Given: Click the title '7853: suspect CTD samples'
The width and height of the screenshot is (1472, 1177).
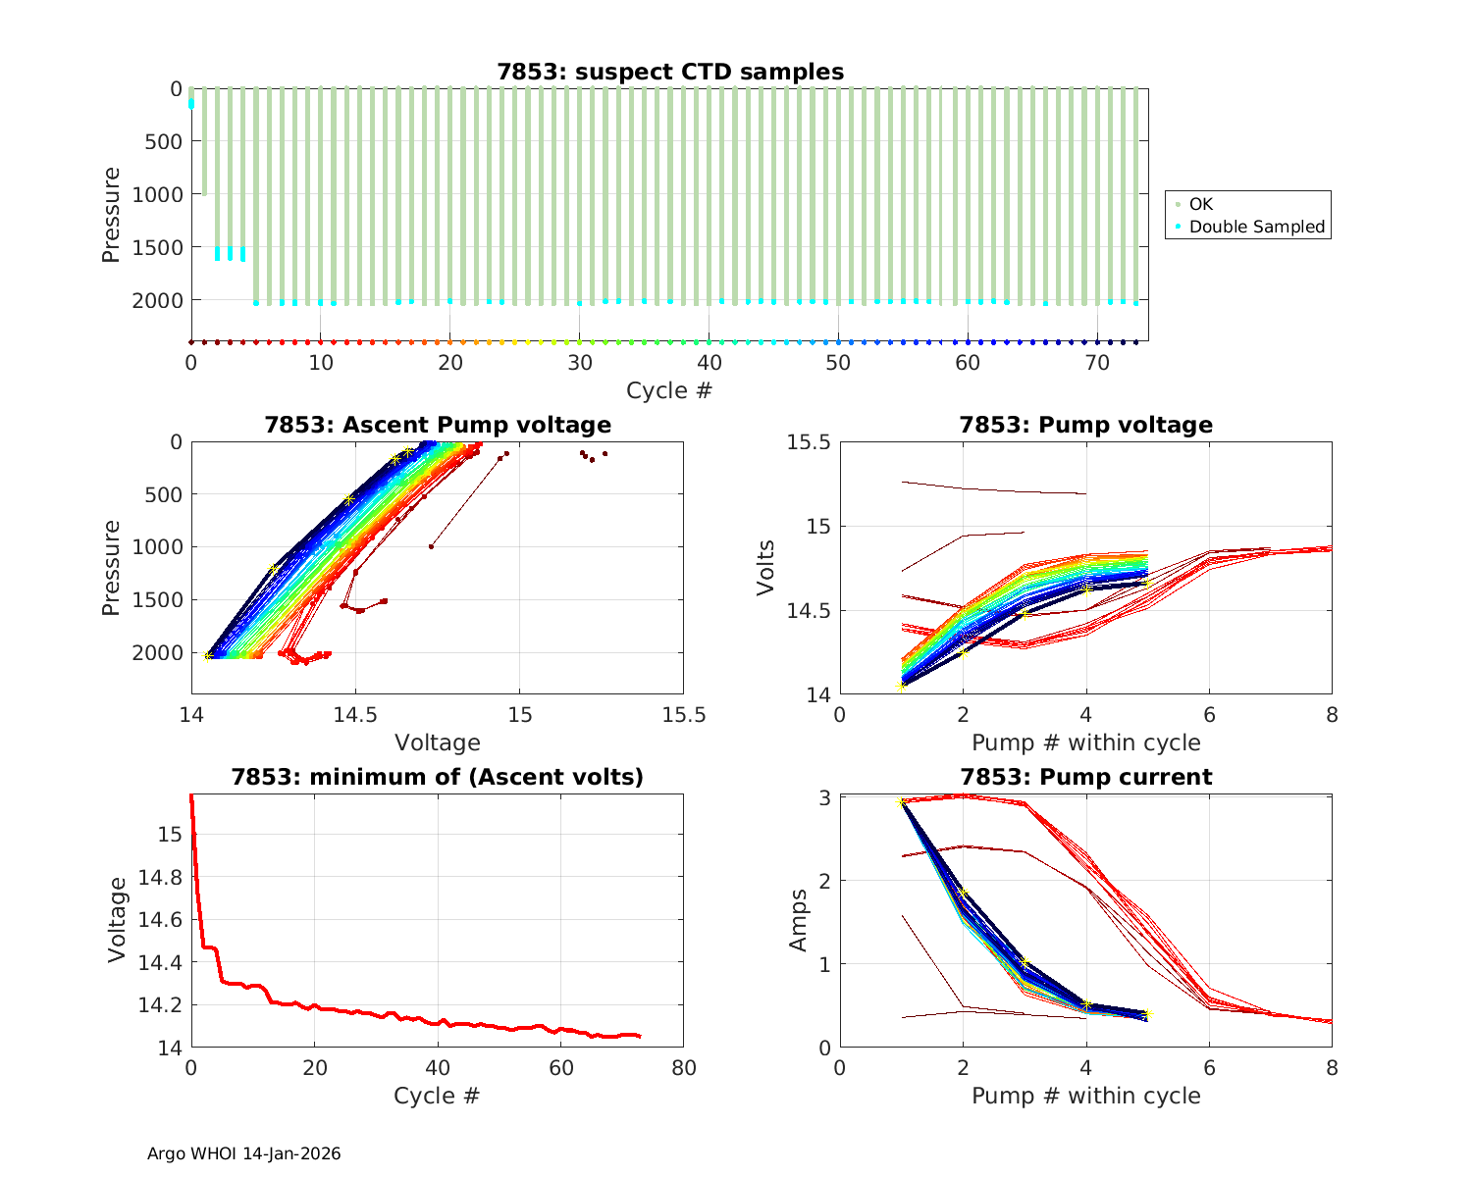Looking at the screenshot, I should pyautogui.click(x=670, y=72).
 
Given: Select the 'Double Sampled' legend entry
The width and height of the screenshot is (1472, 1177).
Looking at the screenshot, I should pyautogui.click(x=1256, y=227).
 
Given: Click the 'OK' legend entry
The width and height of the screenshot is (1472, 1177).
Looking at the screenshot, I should pyautogui.click(x=1201, y=204).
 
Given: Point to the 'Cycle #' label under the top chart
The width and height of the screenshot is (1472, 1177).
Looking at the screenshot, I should pyautogui.click(x=669, y=390).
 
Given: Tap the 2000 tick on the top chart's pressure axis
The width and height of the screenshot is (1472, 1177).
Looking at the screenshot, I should pyautogui.click(x=157, y=300).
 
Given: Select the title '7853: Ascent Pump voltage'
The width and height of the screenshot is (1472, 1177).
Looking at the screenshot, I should pyautogui.click(x=438, y=425).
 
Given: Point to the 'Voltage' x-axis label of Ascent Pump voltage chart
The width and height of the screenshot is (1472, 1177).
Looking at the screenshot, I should pyautogui.click(x=438, y=742).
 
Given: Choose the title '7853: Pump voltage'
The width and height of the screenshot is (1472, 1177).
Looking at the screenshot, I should pyautogui.click(x=1086, y=425).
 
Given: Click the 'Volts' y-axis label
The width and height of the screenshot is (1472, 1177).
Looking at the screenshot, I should pyautogui.click(x=766, y=568).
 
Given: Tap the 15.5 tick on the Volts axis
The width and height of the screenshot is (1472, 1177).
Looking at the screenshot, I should pyautogui.click(x=809, y=442).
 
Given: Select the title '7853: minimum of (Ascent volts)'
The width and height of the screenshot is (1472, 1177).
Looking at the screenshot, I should pyautogui.click(x=438, y=777).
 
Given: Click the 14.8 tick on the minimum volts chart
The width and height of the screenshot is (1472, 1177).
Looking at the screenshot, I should pyautogui.click(x=161, y=877).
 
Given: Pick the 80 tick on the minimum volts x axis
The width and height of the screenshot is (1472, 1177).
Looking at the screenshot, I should pyautogui.click(x=683, y=1067).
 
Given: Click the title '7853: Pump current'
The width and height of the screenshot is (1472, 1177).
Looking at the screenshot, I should pyautogui.click(x=1086, y=777).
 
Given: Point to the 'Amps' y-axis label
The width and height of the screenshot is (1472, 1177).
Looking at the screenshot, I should pyautogui.click(x=800, y=920).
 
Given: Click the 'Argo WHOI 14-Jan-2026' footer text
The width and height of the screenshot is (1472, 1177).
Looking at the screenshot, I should pyautogui.click(x=244, y=1153).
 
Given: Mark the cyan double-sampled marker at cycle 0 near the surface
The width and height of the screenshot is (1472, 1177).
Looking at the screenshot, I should pyautogui.click(x=191, y=103).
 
